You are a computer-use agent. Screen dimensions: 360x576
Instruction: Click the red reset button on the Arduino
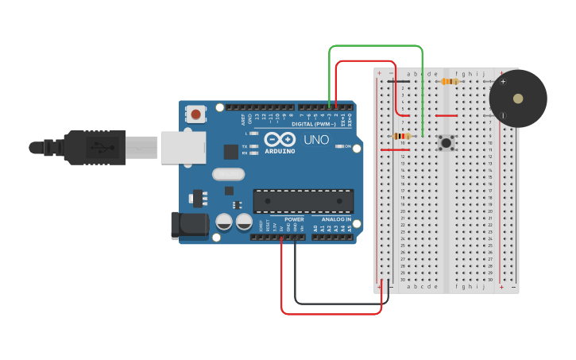coord(195,114)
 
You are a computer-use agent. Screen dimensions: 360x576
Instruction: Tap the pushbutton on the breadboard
coord(446,143)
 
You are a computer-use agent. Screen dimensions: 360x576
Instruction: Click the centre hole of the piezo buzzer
coord(518,99)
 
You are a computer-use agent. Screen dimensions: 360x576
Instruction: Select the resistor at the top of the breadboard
coord(450,81)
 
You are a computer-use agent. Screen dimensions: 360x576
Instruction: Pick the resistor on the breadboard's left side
coord(402,136)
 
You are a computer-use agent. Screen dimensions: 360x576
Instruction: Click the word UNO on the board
coord(315,140)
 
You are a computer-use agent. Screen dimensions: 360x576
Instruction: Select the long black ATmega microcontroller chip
coord(303,201)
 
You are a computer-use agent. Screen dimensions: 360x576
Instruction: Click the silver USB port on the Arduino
coord(183,148)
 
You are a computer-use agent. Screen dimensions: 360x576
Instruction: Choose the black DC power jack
coord(189,225)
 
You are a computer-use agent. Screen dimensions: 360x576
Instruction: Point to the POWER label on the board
coord(294,219)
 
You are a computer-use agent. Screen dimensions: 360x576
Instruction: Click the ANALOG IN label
coord(337,219)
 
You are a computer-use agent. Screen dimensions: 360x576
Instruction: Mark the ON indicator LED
coord(338,146)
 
